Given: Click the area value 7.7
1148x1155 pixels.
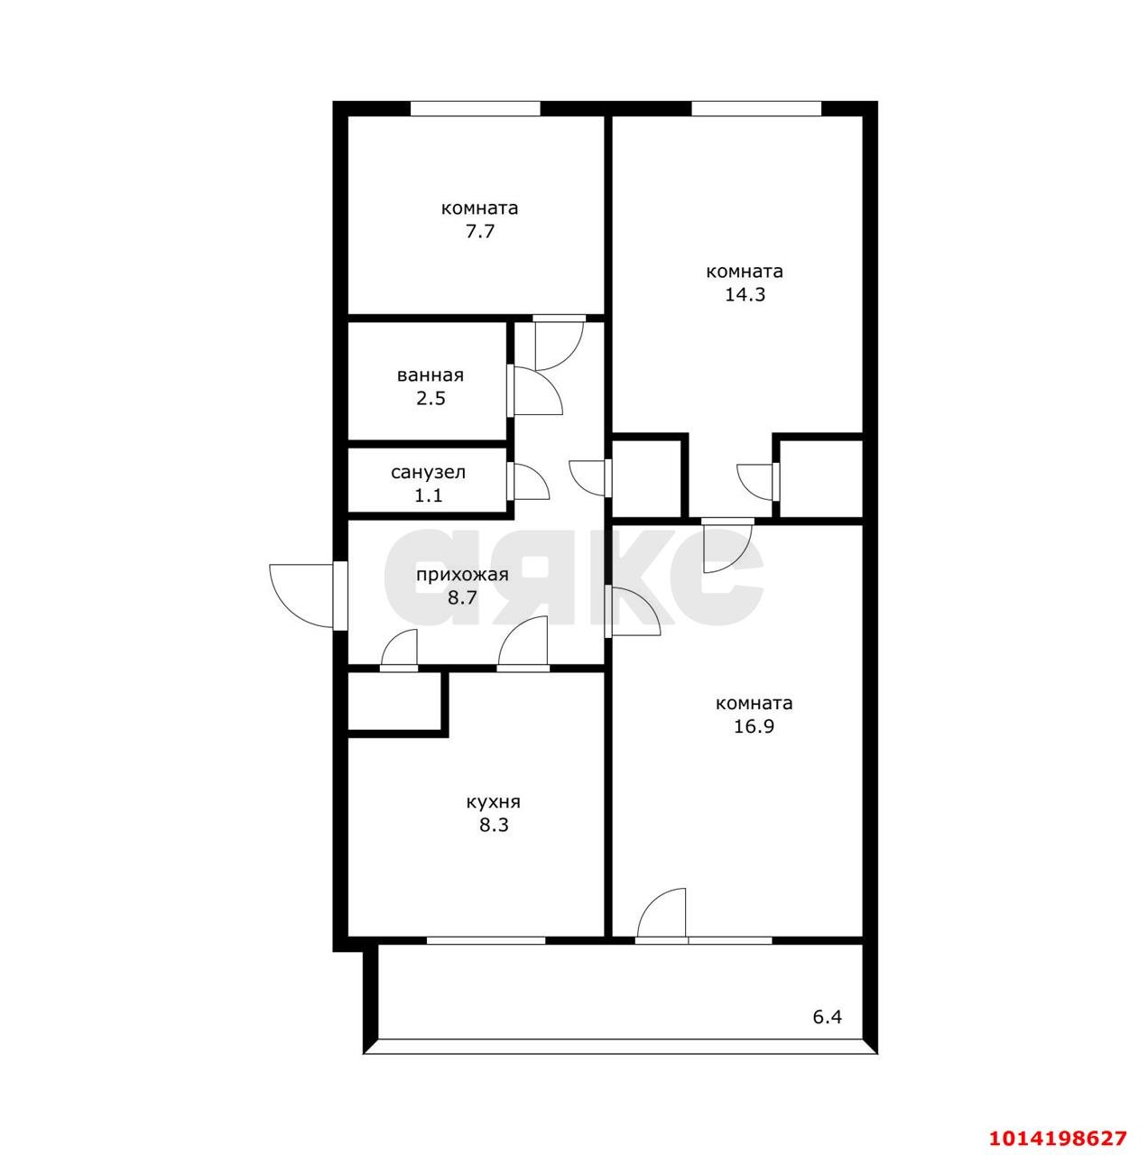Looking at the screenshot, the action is (x=480, y=231).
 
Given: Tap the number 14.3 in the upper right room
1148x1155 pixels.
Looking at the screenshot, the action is (x=745, y=295).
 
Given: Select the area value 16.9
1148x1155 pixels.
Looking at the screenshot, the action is (x=754, y=726).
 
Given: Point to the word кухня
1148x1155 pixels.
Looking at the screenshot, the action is (x=494, y=802).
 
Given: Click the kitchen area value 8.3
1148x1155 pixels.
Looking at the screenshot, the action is (x=494, y=826).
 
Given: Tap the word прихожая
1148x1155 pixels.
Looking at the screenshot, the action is (x=462, y=575).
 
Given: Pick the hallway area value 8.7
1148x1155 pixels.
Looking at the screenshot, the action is (x=462, y=597).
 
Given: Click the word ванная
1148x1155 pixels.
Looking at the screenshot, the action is (x=430, y=375).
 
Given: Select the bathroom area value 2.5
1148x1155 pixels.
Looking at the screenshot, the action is (x=430, y=398).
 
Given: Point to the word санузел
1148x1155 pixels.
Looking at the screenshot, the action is (x=429, y=472).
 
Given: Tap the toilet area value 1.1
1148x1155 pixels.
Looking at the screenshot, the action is (x=429, y=495).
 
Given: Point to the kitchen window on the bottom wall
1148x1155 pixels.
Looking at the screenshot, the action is (x=486, y=940).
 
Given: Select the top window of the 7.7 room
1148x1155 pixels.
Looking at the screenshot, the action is (x=475, y=108).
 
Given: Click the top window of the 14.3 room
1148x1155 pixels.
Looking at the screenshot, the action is (x=755, y=108).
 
